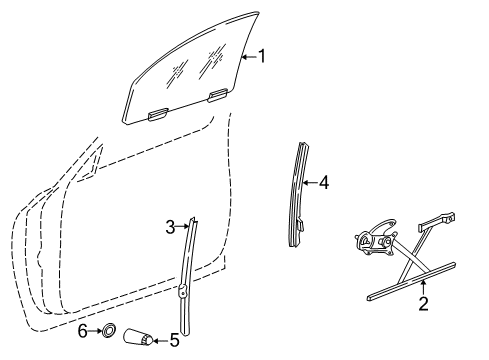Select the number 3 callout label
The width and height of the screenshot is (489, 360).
(171, 226)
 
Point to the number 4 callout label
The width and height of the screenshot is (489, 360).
(323, 183)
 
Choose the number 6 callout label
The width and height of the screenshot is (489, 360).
(83, 331)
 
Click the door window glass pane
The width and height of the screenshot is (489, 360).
(190, 75)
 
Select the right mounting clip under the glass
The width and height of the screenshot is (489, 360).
(216, 95)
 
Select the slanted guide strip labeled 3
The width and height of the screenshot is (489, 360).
(188, 270)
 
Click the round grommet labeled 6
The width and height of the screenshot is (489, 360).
(109, 331)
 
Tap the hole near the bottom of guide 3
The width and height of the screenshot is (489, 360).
(184, 293)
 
